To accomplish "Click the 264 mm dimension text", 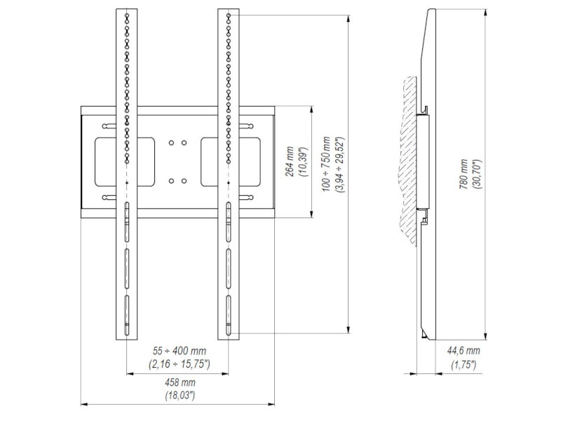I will [289, 162].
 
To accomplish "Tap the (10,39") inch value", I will [302, 162].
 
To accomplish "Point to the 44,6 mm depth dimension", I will [465, 351].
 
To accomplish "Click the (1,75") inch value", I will [465, 364].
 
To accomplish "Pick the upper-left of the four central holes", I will [172, 142].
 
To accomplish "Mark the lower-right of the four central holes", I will [184, 182].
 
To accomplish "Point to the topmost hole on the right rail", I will [228, 14].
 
